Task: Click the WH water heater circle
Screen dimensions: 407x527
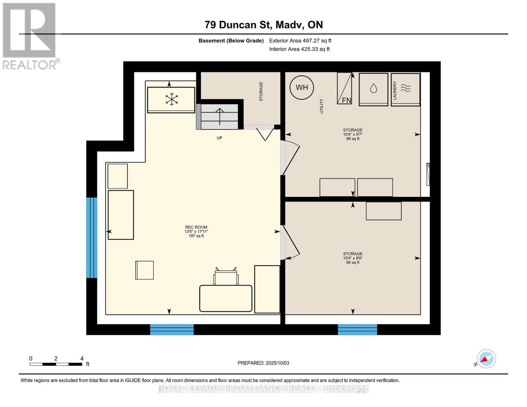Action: tap(302, 88)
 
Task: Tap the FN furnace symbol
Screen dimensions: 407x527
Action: tap(344, 88)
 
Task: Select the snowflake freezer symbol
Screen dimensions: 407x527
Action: tap(171, 99)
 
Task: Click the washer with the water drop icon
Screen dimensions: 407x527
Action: tap(373, 89)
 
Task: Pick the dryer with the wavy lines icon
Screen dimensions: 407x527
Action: tap(406, 89)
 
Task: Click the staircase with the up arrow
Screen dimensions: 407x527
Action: tap(220, 116)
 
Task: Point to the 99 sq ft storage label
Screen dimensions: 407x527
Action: tap(353, 134)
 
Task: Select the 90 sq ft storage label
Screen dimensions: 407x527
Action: tap(353, 258)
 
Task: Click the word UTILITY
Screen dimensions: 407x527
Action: tap(321, 106)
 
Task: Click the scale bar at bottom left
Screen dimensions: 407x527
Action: tap(56, 364)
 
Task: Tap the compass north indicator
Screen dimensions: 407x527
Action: tap(486, 358)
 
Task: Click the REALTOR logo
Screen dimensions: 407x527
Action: tap(30, 36)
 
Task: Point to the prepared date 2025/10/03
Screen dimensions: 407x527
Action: tap(263, 363)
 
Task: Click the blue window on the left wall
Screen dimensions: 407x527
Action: tap(92, 237)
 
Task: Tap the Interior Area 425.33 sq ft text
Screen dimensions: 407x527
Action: tap(299, 49)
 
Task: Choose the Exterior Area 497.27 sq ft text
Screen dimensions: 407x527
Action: tap(300, 41)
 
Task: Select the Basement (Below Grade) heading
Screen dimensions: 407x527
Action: tap(231, 41)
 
